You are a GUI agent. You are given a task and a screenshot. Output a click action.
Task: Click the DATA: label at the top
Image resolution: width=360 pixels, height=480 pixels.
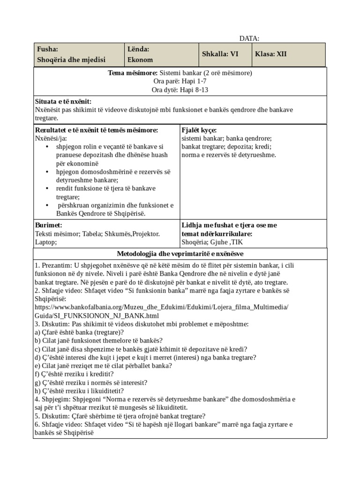(x=249, y=38)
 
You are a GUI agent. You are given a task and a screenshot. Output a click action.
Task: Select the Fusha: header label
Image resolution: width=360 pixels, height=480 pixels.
(x=47, y=49)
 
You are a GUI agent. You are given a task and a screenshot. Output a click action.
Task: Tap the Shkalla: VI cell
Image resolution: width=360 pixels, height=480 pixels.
(x=220, y=54)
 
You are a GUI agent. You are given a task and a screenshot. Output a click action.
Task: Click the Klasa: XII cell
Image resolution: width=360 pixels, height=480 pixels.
(x=270, y=54)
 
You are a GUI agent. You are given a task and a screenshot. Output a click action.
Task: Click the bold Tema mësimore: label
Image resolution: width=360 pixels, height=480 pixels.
(x=133, y=73)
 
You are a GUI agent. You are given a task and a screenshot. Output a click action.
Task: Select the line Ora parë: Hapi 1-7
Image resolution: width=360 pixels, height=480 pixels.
(x=180, y=81)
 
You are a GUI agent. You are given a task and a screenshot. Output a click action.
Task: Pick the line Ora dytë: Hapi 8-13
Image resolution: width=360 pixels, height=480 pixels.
(x=180, y=89)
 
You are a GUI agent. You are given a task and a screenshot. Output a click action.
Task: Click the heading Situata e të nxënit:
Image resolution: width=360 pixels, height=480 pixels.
(x=63, y=102)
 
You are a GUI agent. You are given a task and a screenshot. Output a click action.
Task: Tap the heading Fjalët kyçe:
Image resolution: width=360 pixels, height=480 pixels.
(x=199, y=130)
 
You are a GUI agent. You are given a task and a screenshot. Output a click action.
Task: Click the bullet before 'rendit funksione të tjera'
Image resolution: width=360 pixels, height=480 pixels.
(x=47, y=188)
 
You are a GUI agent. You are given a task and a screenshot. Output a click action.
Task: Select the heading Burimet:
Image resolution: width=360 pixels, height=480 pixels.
(x=49, y=225)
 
